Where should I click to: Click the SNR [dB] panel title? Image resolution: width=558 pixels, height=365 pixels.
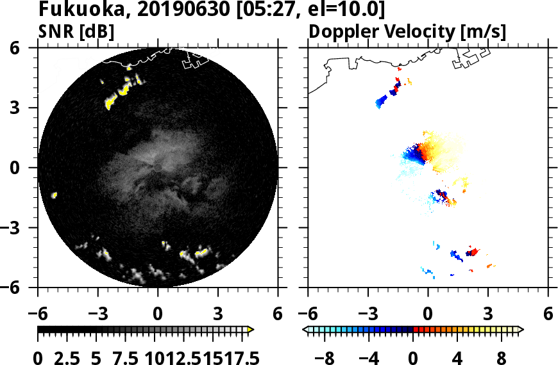(76, 31)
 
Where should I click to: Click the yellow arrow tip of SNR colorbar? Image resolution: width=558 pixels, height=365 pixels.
(251, 329)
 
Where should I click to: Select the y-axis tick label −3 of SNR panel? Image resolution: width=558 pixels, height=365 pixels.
(16, 228)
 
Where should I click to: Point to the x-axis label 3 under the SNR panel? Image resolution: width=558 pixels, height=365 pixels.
(218, 314)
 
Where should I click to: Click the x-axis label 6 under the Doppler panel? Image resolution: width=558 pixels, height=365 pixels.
(548, 314)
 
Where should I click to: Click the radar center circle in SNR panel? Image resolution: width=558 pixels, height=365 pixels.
(158, 168)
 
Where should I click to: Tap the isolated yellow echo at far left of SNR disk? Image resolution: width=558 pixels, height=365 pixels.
(55, 195)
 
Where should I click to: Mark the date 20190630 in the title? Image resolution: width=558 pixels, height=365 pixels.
(166, 10)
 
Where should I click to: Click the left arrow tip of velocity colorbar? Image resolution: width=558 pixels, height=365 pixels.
(305, 329)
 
